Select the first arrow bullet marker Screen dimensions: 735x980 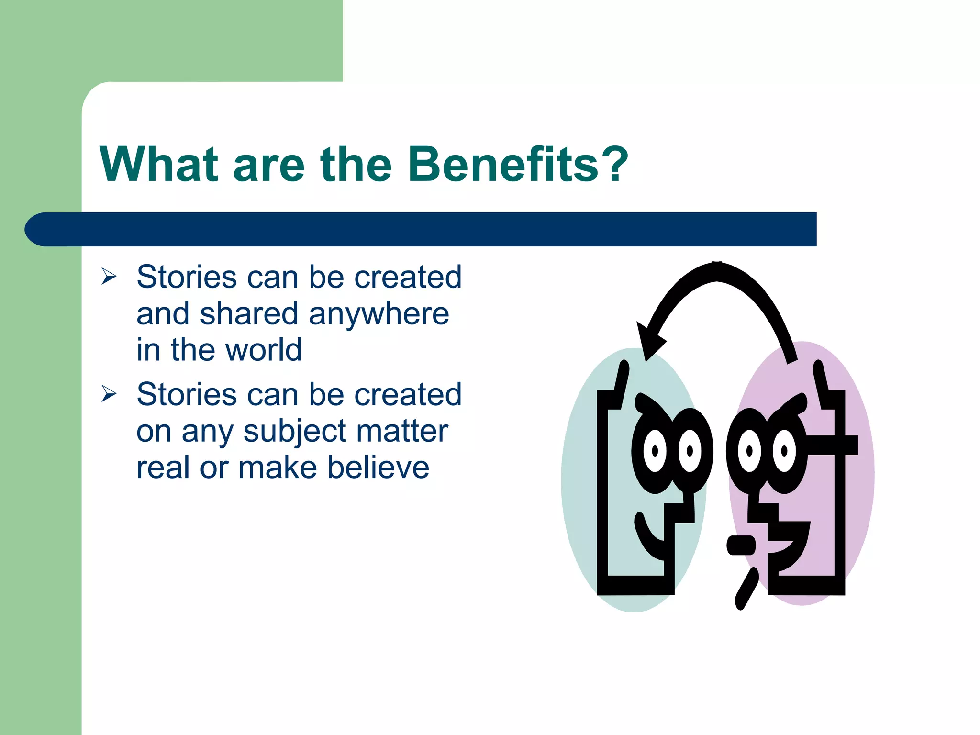[109, 277]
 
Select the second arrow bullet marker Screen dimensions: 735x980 [109, 394]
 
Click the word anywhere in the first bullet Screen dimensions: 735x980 [379, 314]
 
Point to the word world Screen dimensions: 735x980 [263, 350]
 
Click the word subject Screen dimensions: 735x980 [295, 431]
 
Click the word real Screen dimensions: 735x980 [163, 467]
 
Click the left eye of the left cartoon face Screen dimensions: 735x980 [655, 451]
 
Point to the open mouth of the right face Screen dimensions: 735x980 [790, 546]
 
